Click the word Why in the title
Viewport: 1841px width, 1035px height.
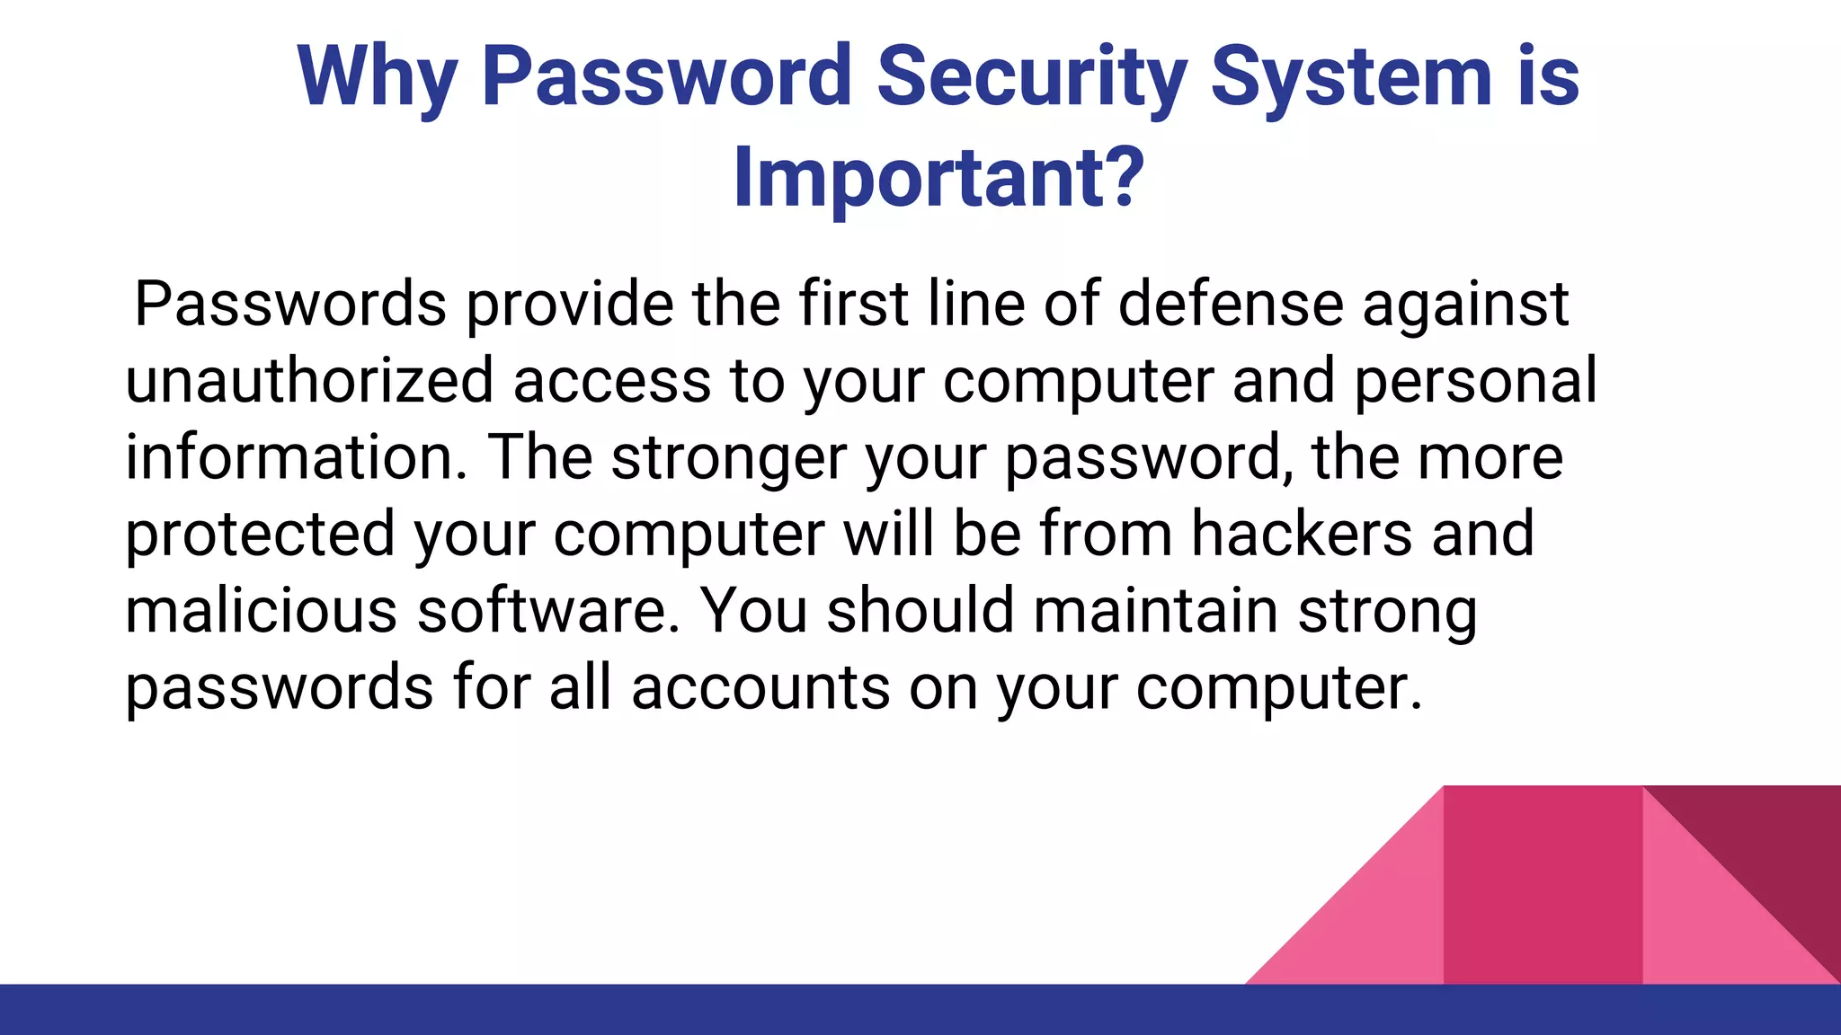[378, 79]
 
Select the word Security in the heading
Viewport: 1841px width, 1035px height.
[1031, 79]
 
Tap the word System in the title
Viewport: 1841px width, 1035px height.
[1350, 79]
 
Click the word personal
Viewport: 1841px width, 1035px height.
[1475, 382]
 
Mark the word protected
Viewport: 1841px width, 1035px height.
[260, 535]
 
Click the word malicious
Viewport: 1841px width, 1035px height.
[261, 610]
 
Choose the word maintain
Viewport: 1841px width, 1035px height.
[1155, 610]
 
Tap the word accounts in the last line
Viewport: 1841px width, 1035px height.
[760, 687]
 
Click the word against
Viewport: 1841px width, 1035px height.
[1465, 305]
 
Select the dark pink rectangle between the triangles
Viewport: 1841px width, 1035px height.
[1543, 885]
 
